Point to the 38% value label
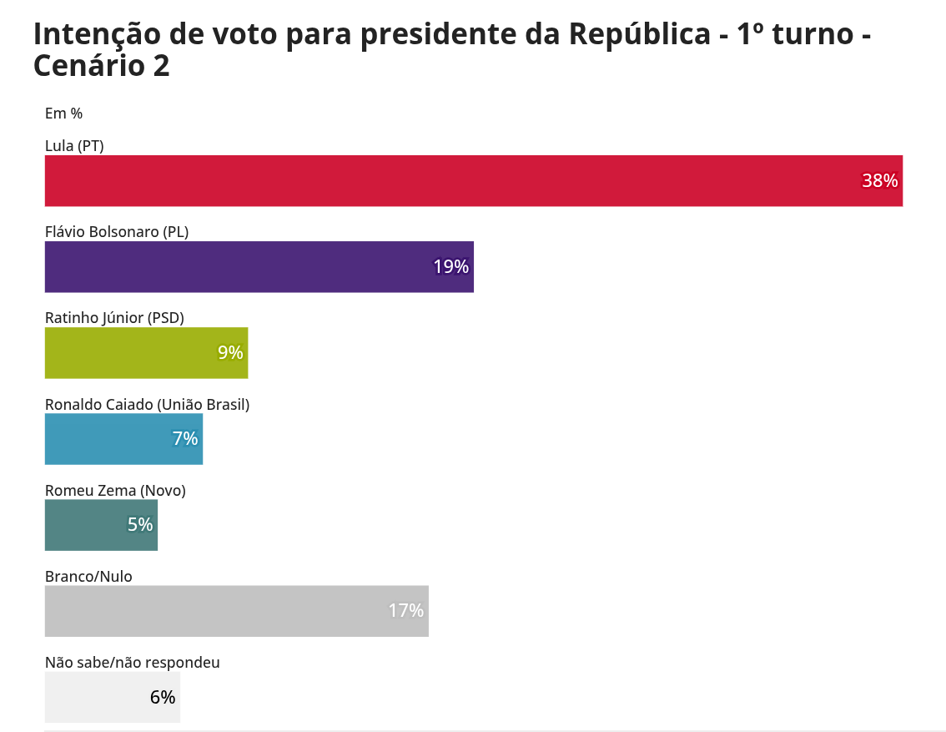pos(879,181)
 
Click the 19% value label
pos(450,267)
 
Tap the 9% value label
pos(230,353)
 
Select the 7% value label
pos(185,439)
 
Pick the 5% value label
pos(140,525)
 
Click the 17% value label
pos(405,611)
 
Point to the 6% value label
pos(163,697)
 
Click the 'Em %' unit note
pos(63,114)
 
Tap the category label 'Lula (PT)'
pos(74,146)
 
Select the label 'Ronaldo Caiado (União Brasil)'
pos(147,405)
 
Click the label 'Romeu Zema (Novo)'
pos(115,491)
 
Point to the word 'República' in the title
pos(639,34)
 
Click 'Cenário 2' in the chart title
pos(101,66)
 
